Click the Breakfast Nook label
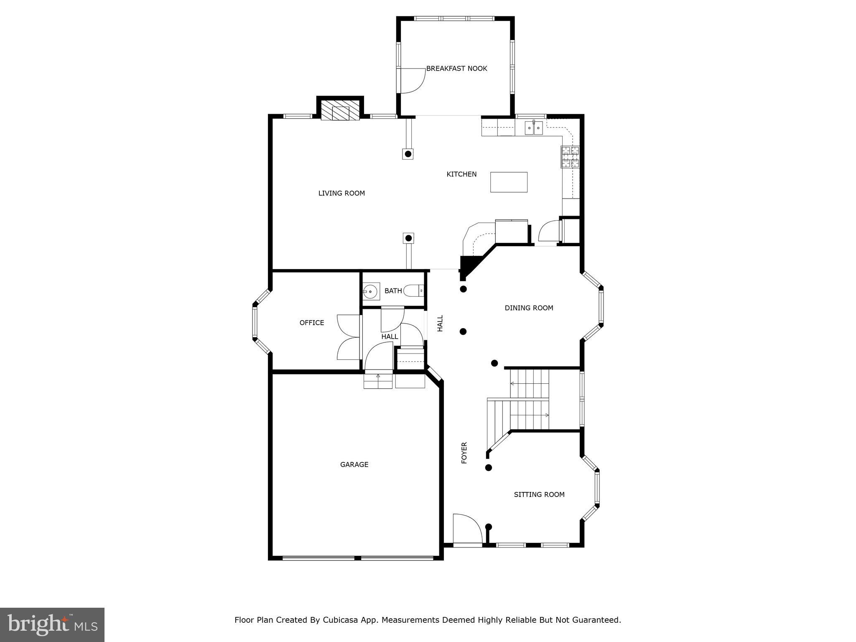tap(456, 69)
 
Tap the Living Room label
tap(341, 193)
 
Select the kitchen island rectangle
tap(509, 182)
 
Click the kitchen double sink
tap(534, 127)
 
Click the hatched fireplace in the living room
tap(340, 110)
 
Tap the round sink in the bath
tap(371, 291)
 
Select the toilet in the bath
tap(414, 290)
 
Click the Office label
tap(312, 323)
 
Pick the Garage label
tap(354, 464)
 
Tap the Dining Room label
tap(529, 308)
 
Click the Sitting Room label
tap(539, 494)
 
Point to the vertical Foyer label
tap(464, 453)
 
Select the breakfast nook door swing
tap(412, 81)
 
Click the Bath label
tap(393, 291)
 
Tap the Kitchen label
tap(461, 174)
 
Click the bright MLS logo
tap(52, 624)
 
